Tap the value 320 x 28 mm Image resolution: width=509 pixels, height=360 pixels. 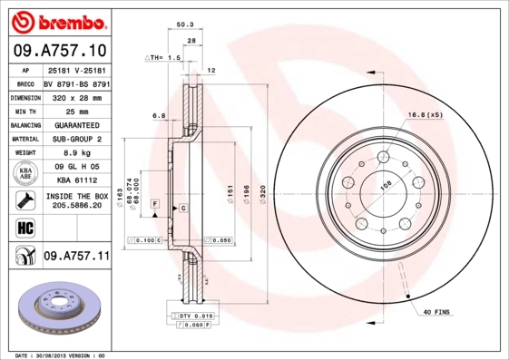click(75, 96)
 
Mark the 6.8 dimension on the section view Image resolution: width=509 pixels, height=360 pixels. click(157, 115)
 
